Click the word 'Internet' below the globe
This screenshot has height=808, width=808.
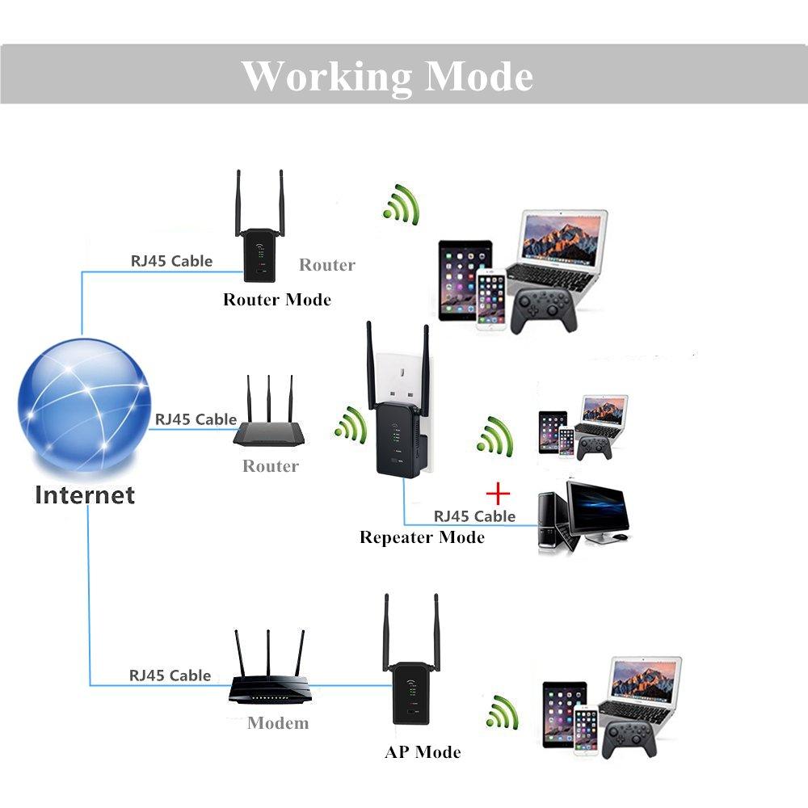pyautogui.click(x=84, y=494)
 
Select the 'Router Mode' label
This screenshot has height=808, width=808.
pyautogui.click(x=277, y=300)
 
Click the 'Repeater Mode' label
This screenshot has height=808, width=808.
pyautogui.click(x=422, y=537)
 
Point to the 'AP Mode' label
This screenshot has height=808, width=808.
pyautogui.click(x=423, y=752)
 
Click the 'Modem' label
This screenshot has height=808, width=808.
pyautogui.click(x=278, y=722)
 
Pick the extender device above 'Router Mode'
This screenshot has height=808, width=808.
pyautogui.click(x=259, y=234)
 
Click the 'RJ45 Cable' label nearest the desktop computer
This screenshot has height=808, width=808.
pyautogui.click(x=474, y=516)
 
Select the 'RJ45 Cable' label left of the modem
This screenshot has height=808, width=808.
pyautogui.click(x=170, y=675)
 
